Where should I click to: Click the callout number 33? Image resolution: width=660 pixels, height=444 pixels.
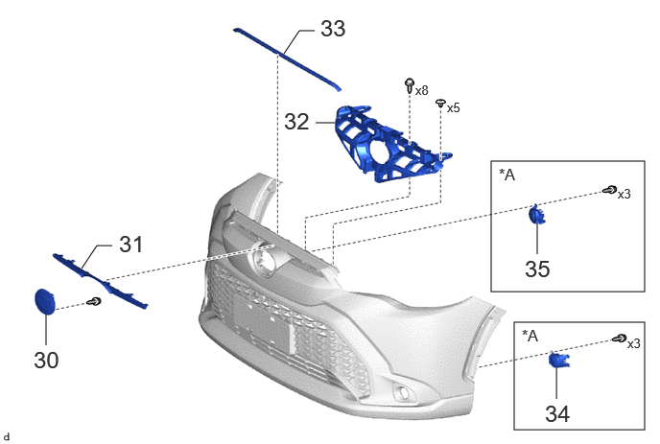pos(333,29)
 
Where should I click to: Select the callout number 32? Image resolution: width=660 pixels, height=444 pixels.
pos(296,122)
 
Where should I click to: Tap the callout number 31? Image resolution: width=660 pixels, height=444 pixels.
pos(130,245)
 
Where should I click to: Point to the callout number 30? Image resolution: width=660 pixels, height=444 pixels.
pos(46,361)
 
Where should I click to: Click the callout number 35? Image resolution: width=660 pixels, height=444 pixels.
pos(537,269)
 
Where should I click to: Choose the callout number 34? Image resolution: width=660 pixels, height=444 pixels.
pos(557,413)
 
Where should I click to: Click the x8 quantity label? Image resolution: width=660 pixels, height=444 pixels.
pos(422,90)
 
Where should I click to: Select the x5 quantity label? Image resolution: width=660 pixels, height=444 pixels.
pos(454,108)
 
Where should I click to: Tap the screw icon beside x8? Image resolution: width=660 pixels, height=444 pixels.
pos(410,85)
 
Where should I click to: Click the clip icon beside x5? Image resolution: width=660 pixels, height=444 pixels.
pos(440,104)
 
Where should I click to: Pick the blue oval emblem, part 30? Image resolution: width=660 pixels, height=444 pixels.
pos(44,301)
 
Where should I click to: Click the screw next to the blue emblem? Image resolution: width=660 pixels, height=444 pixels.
pos(94,302)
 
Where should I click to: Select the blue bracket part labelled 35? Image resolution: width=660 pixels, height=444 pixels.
pos(536,214)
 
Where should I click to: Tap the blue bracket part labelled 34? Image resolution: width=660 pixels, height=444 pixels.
pos(559,360)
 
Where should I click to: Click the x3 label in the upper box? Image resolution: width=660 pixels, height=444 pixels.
pos(625,194)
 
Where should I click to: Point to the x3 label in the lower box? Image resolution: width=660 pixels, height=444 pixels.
pos(634,344)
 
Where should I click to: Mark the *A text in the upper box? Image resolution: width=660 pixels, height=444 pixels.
pos(507,175)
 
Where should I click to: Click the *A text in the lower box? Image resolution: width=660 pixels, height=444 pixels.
pos(530,336)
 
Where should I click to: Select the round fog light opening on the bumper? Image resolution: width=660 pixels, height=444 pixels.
pos(402,392)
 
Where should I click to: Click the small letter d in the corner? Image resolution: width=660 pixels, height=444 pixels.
pos(6,437)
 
